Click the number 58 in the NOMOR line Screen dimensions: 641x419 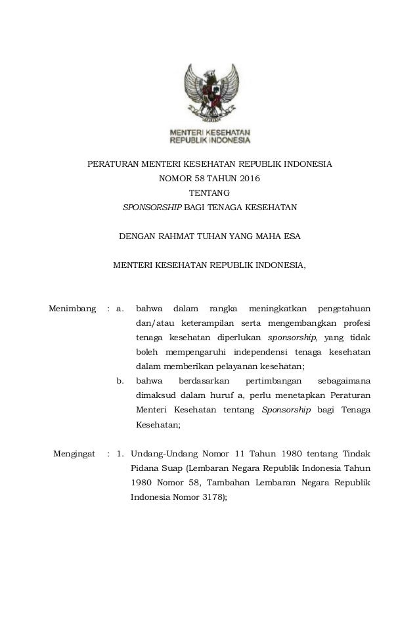click(195, 177)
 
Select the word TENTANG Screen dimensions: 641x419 click(209, 192)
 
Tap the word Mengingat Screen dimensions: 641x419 click(73, 453)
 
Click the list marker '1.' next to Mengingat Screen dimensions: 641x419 click(120, 453)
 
